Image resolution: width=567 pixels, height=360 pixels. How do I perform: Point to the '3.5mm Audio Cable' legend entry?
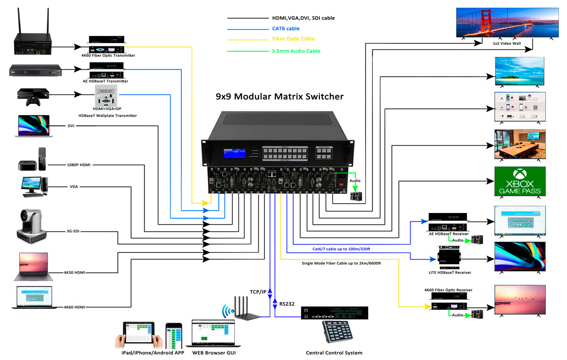click(x=296, y=51)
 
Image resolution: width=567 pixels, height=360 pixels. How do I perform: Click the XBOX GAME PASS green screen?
click(x=520, y=181)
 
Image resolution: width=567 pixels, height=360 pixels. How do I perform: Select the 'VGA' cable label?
click(x=73, y=187)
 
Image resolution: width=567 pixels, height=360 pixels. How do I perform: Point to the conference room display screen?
click(x=520, y=144)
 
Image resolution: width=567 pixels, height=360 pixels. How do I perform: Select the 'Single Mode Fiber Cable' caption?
click(x=341, y=263)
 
